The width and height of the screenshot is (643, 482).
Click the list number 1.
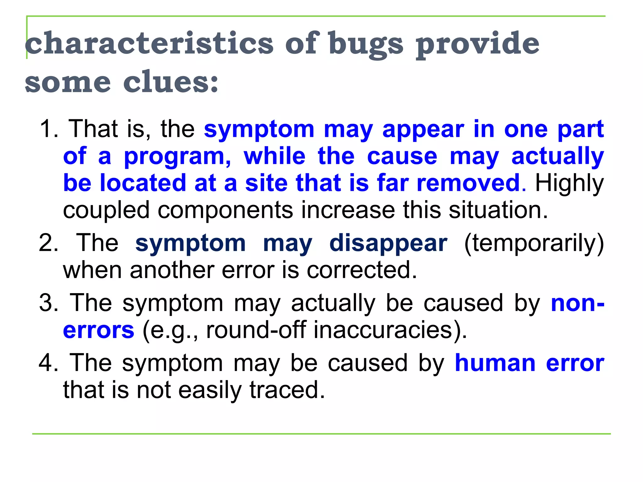[x=49, y=129]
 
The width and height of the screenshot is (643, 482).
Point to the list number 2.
[x=49, y=243]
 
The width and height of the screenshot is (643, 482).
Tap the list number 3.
[x=49, y=303]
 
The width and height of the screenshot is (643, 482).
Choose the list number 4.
[x=49, y=363]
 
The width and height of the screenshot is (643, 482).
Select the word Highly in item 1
[x=569, y=183]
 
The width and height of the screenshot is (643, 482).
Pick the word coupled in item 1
[x=106, y=211]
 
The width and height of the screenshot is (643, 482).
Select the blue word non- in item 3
[x=577, y=303]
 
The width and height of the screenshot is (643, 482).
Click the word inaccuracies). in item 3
[x=390, y=330]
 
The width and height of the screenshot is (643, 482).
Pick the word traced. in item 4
[x=287, y=390]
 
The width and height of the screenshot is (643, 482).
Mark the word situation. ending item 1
[x=498, y=210]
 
